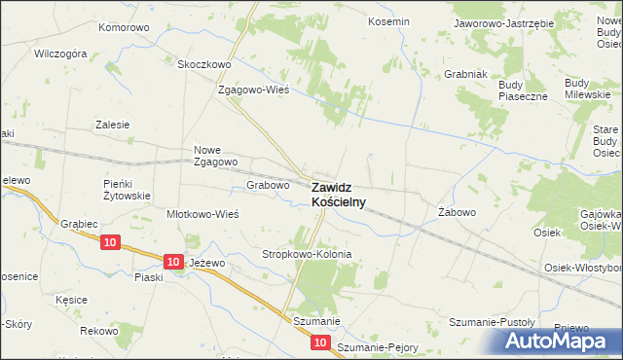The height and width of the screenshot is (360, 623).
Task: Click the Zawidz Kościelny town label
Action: tap(339, 194)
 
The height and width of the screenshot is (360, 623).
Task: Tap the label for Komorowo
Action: tap(124, 27)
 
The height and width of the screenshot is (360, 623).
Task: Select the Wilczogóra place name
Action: tap(60, 54)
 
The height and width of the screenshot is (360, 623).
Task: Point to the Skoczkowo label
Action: tap(203, 64)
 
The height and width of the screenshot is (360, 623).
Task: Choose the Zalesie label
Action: tap(112, 125)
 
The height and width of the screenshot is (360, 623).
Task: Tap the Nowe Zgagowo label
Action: tap(216, 156)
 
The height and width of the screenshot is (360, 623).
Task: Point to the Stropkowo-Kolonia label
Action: tap(307, 254)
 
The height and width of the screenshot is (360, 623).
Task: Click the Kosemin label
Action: tap(387, 20)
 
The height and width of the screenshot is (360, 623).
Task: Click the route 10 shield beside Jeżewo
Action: tap(172, 262)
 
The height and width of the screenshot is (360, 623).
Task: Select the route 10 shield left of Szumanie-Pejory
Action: tap(321, 343)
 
